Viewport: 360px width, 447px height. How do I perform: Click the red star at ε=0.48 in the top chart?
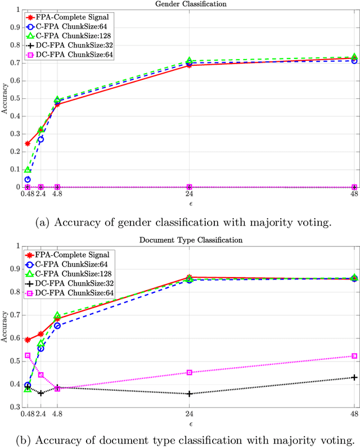pyautogui.click(x=27, y=143)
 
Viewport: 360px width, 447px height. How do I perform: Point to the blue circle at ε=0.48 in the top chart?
pyautogui.click(x=27, y=179)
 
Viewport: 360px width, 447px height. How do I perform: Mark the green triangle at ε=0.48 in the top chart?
pyautogui.click(x=27, y=170)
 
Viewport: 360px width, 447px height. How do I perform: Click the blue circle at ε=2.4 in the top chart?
pyautogui.click(x=40, y=139)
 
